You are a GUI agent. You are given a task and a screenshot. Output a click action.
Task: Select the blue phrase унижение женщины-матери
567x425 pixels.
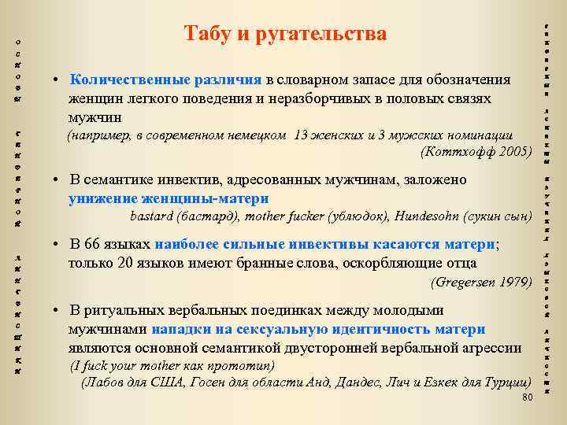tap(169, 197)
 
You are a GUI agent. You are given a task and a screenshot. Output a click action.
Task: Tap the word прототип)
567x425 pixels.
tap(238, 366)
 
